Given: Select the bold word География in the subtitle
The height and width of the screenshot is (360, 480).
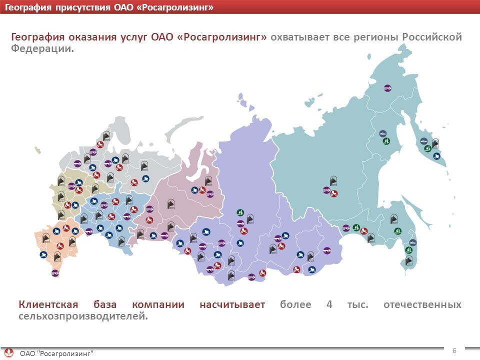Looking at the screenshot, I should pyautogui.click(x=36, y=37).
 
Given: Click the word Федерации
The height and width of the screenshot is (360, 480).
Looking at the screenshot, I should pyautogui.click(x=42, y=49).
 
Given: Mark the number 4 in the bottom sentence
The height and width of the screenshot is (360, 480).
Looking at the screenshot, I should pyautogui.click(x=329, y=304).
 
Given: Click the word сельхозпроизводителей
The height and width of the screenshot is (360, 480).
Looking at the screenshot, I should pyautogui.click(x=83, y=316).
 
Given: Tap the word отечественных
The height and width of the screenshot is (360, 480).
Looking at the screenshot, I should pyautogui.click(x=422, y=304).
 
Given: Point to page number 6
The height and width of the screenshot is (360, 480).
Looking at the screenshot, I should pyautogui.click(x=454, y=350).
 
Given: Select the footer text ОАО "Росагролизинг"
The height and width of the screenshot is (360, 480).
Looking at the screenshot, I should pyautogui.click(x=56, y=353).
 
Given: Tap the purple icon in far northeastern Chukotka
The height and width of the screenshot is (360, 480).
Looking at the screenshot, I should pyautogui.click(x=387, y=87).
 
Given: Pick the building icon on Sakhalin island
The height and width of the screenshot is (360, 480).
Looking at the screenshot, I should pyautogui.click(x=409, y=259).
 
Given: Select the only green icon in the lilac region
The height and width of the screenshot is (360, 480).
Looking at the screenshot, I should pyautogui.click(x=240, y=212).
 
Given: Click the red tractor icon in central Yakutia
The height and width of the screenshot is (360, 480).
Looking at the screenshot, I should pyautogui.click(x=334, y=193).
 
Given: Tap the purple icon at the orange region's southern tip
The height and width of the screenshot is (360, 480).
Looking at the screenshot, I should pyautogui.click(x=55, y=273).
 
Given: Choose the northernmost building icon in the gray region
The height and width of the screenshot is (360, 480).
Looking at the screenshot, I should pyautogui.click(x=106, y=135).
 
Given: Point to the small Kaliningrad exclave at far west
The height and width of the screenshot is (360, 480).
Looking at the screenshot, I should pyautogui.click(x=37, y=149).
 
